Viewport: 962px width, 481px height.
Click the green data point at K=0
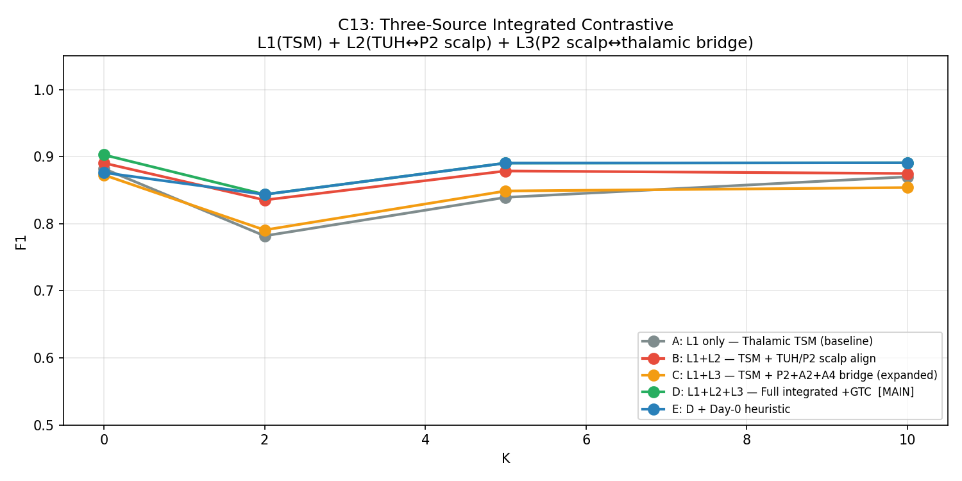point(104,155)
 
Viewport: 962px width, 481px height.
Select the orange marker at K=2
point(265,230)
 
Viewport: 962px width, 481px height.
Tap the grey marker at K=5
point(505,198)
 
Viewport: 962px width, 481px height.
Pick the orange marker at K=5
point(505,191)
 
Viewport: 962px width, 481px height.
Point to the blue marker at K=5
point(505,163)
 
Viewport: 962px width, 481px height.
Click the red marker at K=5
point(505,171)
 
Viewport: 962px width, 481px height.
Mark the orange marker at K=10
point(907,187)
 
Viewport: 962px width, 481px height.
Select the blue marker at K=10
point(907,163)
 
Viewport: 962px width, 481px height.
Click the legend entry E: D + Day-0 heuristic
point(731,409)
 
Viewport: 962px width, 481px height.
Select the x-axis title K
point(505,459)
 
